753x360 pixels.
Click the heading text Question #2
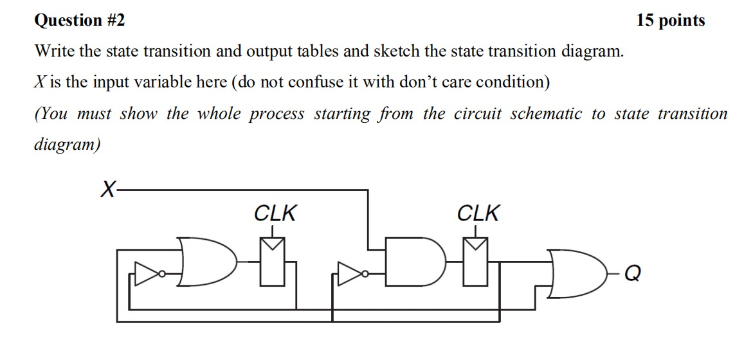coord(79,21)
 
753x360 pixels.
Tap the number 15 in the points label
coord(647,21)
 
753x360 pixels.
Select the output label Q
coord(632,274)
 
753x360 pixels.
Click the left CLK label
coord(275,213)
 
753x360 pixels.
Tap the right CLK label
coord(477,213)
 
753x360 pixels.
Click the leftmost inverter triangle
coord(146,274)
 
